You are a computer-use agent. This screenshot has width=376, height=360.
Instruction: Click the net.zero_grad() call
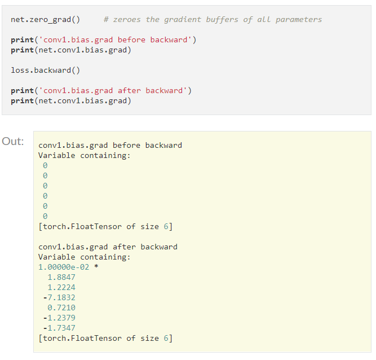click(x=45, y=20)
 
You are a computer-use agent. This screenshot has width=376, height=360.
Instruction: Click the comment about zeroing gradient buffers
click(x=213, y=20)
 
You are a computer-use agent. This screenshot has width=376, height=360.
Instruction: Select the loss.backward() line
click(x=45, y=71)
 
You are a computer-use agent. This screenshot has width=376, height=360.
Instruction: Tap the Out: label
click(x=13, y=142)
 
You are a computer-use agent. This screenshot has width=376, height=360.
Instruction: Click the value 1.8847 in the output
click(x=61, y=277)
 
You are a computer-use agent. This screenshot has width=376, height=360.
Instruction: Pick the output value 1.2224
click(x=61, y=287)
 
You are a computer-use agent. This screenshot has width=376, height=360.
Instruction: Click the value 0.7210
click(x=61, y=308)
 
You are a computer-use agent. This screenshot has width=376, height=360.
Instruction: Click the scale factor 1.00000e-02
click(x=64, y=267)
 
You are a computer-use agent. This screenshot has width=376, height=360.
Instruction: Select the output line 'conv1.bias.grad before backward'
click(x=110, y=146)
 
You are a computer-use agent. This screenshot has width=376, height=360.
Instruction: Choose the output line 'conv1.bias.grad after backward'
click(x=108, y=247)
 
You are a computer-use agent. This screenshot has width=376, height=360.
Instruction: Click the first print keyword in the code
click(x=22, y=40)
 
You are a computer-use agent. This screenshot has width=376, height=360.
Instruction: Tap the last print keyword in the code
click(x=22, y=101)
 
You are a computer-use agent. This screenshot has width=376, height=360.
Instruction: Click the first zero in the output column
click(x=45, y=166)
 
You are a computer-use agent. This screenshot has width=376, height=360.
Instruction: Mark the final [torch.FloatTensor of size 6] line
click(x=105, y=339)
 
